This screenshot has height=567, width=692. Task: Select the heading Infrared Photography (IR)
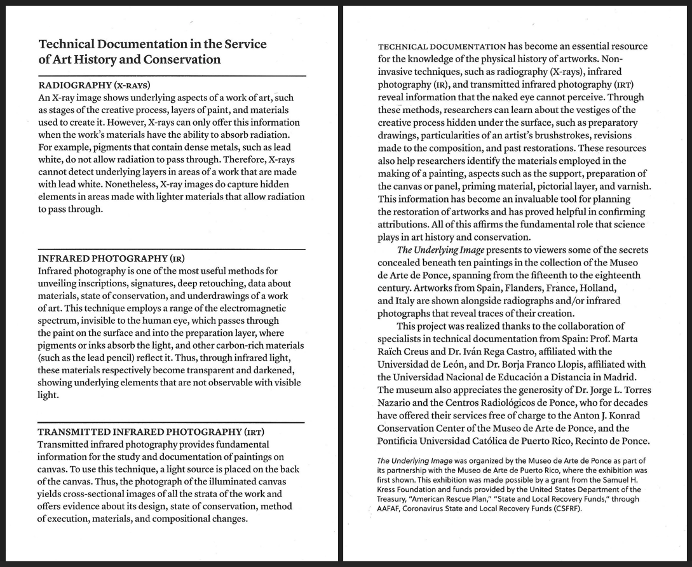coord(111,258)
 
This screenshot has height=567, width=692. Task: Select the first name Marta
coord(634,338)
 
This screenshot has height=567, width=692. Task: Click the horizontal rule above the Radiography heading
coord(172,76)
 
